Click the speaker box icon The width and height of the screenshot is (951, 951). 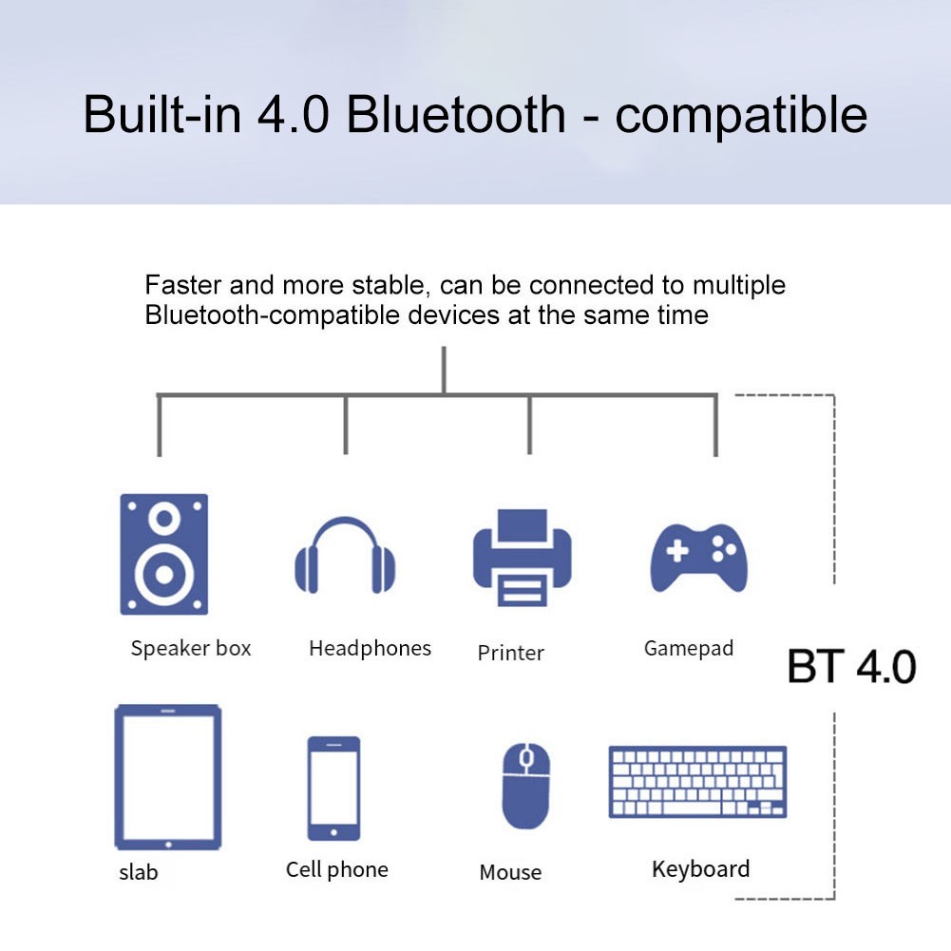163,554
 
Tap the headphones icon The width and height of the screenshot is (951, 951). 344,556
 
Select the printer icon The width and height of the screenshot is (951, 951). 522,558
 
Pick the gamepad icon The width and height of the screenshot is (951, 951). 698,558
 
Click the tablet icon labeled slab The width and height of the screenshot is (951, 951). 167,777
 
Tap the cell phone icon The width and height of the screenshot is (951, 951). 333,788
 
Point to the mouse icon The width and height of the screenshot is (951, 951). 525,785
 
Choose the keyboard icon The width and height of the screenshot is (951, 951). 697,782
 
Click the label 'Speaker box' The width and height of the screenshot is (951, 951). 191,649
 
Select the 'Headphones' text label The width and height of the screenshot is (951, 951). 370,649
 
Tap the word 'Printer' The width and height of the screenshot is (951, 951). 511,654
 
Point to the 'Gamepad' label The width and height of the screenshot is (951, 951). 689,649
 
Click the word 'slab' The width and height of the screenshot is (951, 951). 139,872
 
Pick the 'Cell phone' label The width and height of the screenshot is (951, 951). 337,869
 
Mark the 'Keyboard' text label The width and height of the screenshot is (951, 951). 700,869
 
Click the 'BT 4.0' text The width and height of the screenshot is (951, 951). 851,668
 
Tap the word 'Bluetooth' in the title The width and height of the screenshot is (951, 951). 456,115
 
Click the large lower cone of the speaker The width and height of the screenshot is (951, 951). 163,574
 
